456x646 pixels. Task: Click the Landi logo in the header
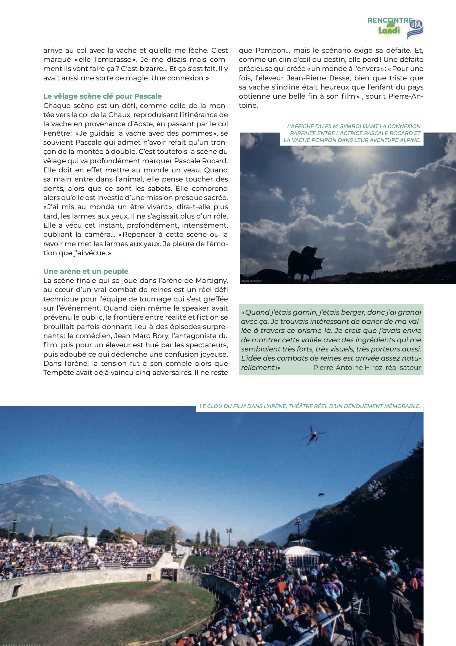tap(389, 30)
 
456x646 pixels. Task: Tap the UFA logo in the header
tap(415, 28)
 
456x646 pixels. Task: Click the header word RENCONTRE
tap(390, 20)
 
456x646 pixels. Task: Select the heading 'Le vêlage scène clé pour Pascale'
tap(102, 96)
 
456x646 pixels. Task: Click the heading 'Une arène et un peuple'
tap(86, 271)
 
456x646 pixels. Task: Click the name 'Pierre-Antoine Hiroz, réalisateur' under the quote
tap(367, 367)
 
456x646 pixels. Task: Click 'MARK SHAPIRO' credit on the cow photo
tap(251, 281)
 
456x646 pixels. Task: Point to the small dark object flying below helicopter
tap(321, 494)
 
